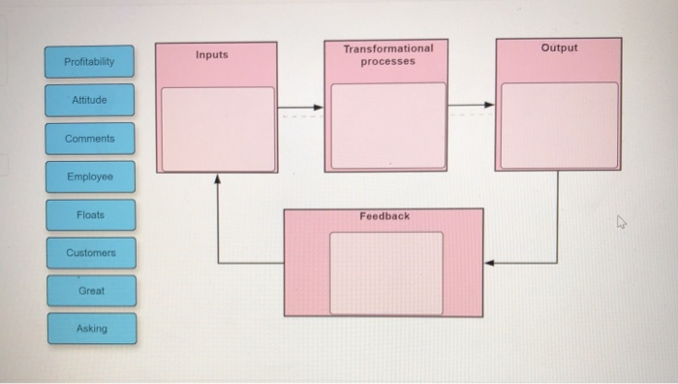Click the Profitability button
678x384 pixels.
tap(89, 62)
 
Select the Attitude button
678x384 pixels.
tap(89, 100)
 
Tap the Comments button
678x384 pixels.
tap(89, 139)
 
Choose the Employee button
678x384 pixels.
tap(89, 176)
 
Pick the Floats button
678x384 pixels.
tap(89, 214)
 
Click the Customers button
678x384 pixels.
tap(89, 252)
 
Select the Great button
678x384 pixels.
tap(89, 290)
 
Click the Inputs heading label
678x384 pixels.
tap(212, 55)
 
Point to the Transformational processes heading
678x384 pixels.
tap(387, 54)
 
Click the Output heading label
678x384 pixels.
tap(559, 48)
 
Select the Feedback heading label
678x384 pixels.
tap(385, 216)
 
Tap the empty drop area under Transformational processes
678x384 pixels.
tap(388, 125)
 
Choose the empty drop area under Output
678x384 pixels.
tap(559, 125)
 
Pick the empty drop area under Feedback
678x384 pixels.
tap(385, 272)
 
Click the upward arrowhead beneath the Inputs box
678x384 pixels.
tap(217, 179)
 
